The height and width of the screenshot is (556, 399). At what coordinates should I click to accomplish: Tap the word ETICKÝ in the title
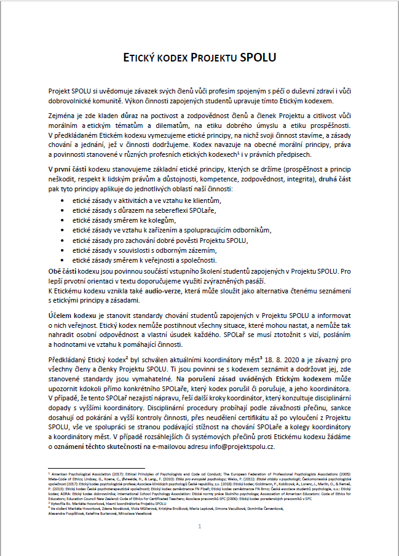point(144,58)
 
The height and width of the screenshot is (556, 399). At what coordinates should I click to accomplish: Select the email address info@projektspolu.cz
point(240,448)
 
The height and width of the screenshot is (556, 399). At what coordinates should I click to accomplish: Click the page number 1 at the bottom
point(199,526)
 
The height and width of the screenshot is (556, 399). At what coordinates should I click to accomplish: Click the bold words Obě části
point(65,270)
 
